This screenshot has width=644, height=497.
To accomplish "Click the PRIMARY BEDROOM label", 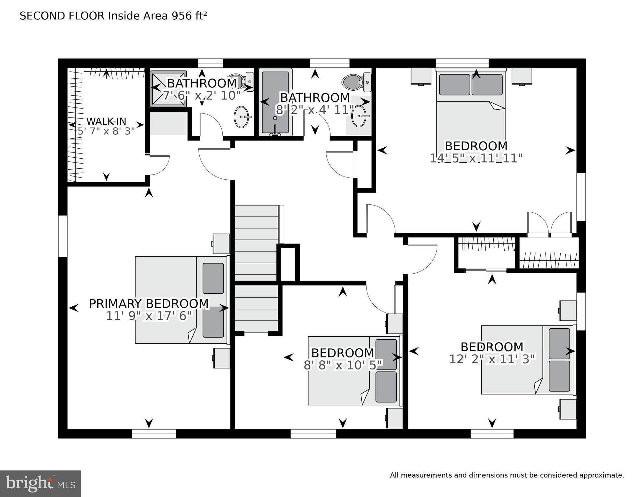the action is pos(149,304).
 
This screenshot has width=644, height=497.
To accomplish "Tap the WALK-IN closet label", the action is pos(106,121).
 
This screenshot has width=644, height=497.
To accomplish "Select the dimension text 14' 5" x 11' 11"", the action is pos(476,158).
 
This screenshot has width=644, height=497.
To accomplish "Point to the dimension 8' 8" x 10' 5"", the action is pos(343,365).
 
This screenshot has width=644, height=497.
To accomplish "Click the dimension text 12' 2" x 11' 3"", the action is pos(492,359).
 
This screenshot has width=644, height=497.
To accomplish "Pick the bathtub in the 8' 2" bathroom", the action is pos(275,102).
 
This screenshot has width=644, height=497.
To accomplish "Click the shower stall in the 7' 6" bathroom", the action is pos(168,89).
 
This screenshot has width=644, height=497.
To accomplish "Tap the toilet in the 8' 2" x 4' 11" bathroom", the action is pos(357,82).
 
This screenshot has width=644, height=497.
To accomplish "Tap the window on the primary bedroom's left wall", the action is pos(63,236).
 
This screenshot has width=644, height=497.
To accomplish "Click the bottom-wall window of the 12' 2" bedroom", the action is pos(492,434).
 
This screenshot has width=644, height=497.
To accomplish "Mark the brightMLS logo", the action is pos(40,483).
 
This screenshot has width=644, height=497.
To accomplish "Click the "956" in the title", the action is pos(181,16).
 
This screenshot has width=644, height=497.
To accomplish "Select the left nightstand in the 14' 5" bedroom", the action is pos(421,76).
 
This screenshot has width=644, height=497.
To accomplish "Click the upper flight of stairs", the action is pos(256,243).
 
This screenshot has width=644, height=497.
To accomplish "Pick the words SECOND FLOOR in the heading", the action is pos(62,16).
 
